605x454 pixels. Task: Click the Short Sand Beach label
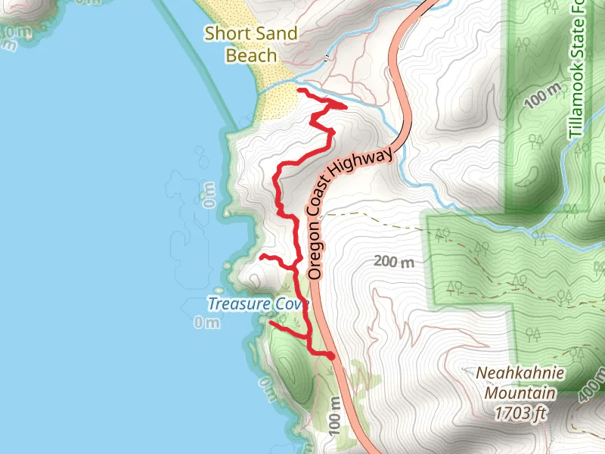point(252,44)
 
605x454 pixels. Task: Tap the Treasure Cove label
point(259,304)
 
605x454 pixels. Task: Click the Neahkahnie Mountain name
point(520,384)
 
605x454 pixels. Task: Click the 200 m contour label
point(395,263)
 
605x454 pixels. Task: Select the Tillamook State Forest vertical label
point(576,72)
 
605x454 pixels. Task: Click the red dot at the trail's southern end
point(331,355)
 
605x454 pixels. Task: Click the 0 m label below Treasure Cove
point(206,323)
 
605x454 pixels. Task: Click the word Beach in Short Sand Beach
point(252,55)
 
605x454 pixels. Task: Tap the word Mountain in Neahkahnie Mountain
point(520,393)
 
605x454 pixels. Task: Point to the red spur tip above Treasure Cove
point(262,257)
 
